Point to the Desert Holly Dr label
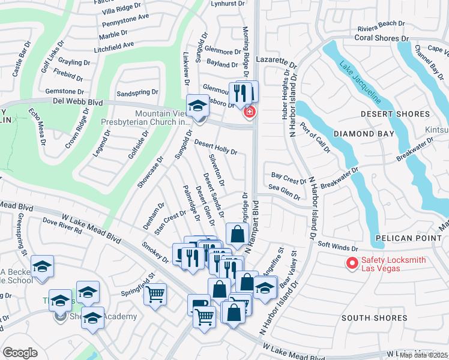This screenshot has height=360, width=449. (215, 148)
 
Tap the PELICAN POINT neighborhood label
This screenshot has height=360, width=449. (405, 238)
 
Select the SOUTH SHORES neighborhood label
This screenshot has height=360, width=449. (374, 317)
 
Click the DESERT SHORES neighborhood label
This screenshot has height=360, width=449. (396, 114)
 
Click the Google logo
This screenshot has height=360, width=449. (20, 352)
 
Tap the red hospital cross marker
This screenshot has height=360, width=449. (248, 112)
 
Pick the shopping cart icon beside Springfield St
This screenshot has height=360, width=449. (155, 295)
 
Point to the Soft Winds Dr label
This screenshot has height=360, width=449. (337, 246)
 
